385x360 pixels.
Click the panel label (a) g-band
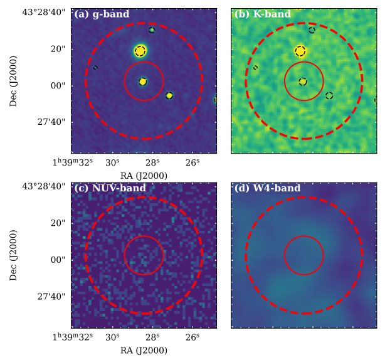coord(102,14)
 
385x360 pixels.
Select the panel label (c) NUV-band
coord(110,188)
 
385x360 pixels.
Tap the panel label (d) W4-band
coord(267,188)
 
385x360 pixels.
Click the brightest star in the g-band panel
coord(140,51)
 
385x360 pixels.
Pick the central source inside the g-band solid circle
coord(143,82)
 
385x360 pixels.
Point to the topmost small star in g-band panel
coord(152,29)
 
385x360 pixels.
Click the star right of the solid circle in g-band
coord(169,95)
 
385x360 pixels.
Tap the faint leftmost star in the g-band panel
coord(95,67)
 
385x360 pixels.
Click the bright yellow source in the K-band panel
coord(300,51)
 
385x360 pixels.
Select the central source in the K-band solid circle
coord(303,82)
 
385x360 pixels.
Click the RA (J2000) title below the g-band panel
coord(144,176)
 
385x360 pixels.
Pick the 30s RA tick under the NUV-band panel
coord(113,337)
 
